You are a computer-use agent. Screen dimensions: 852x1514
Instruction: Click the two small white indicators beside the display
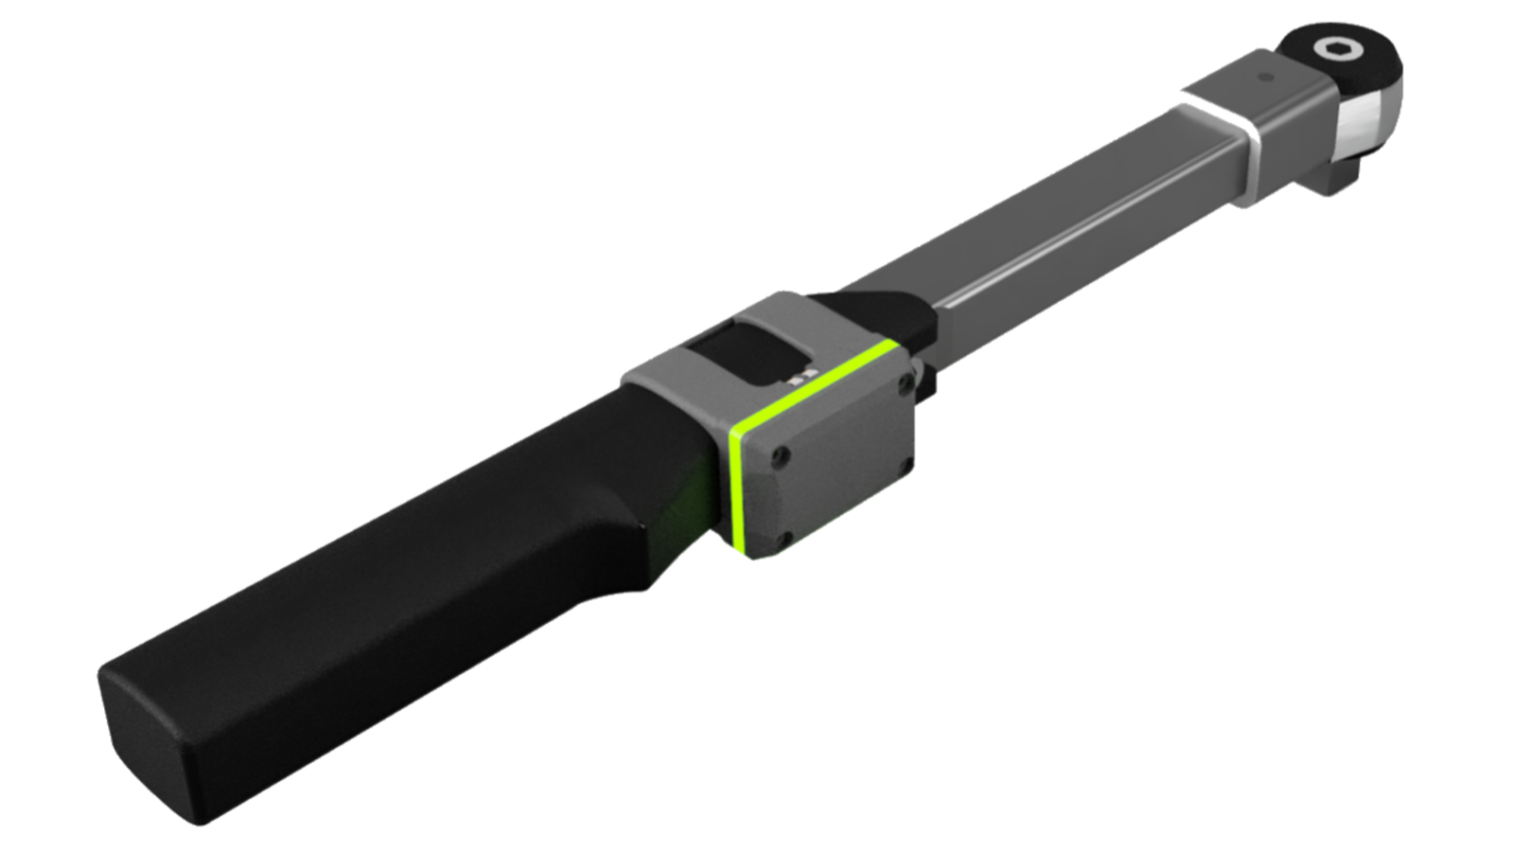click(x=807, y=376)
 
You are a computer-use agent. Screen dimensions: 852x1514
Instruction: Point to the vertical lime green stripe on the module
click(x=736, y=488)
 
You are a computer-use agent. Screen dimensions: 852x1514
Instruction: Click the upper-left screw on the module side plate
click(x=781, y=457)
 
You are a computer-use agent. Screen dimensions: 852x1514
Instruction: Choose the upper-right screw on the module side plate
click(x=906, y=383)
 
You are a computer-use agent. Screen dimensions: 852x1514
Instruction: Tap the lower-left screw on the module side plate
click(x=783, y=541)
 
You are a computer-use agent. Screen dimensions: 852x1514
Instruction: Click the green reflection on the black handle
click(x=691, y=502)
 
